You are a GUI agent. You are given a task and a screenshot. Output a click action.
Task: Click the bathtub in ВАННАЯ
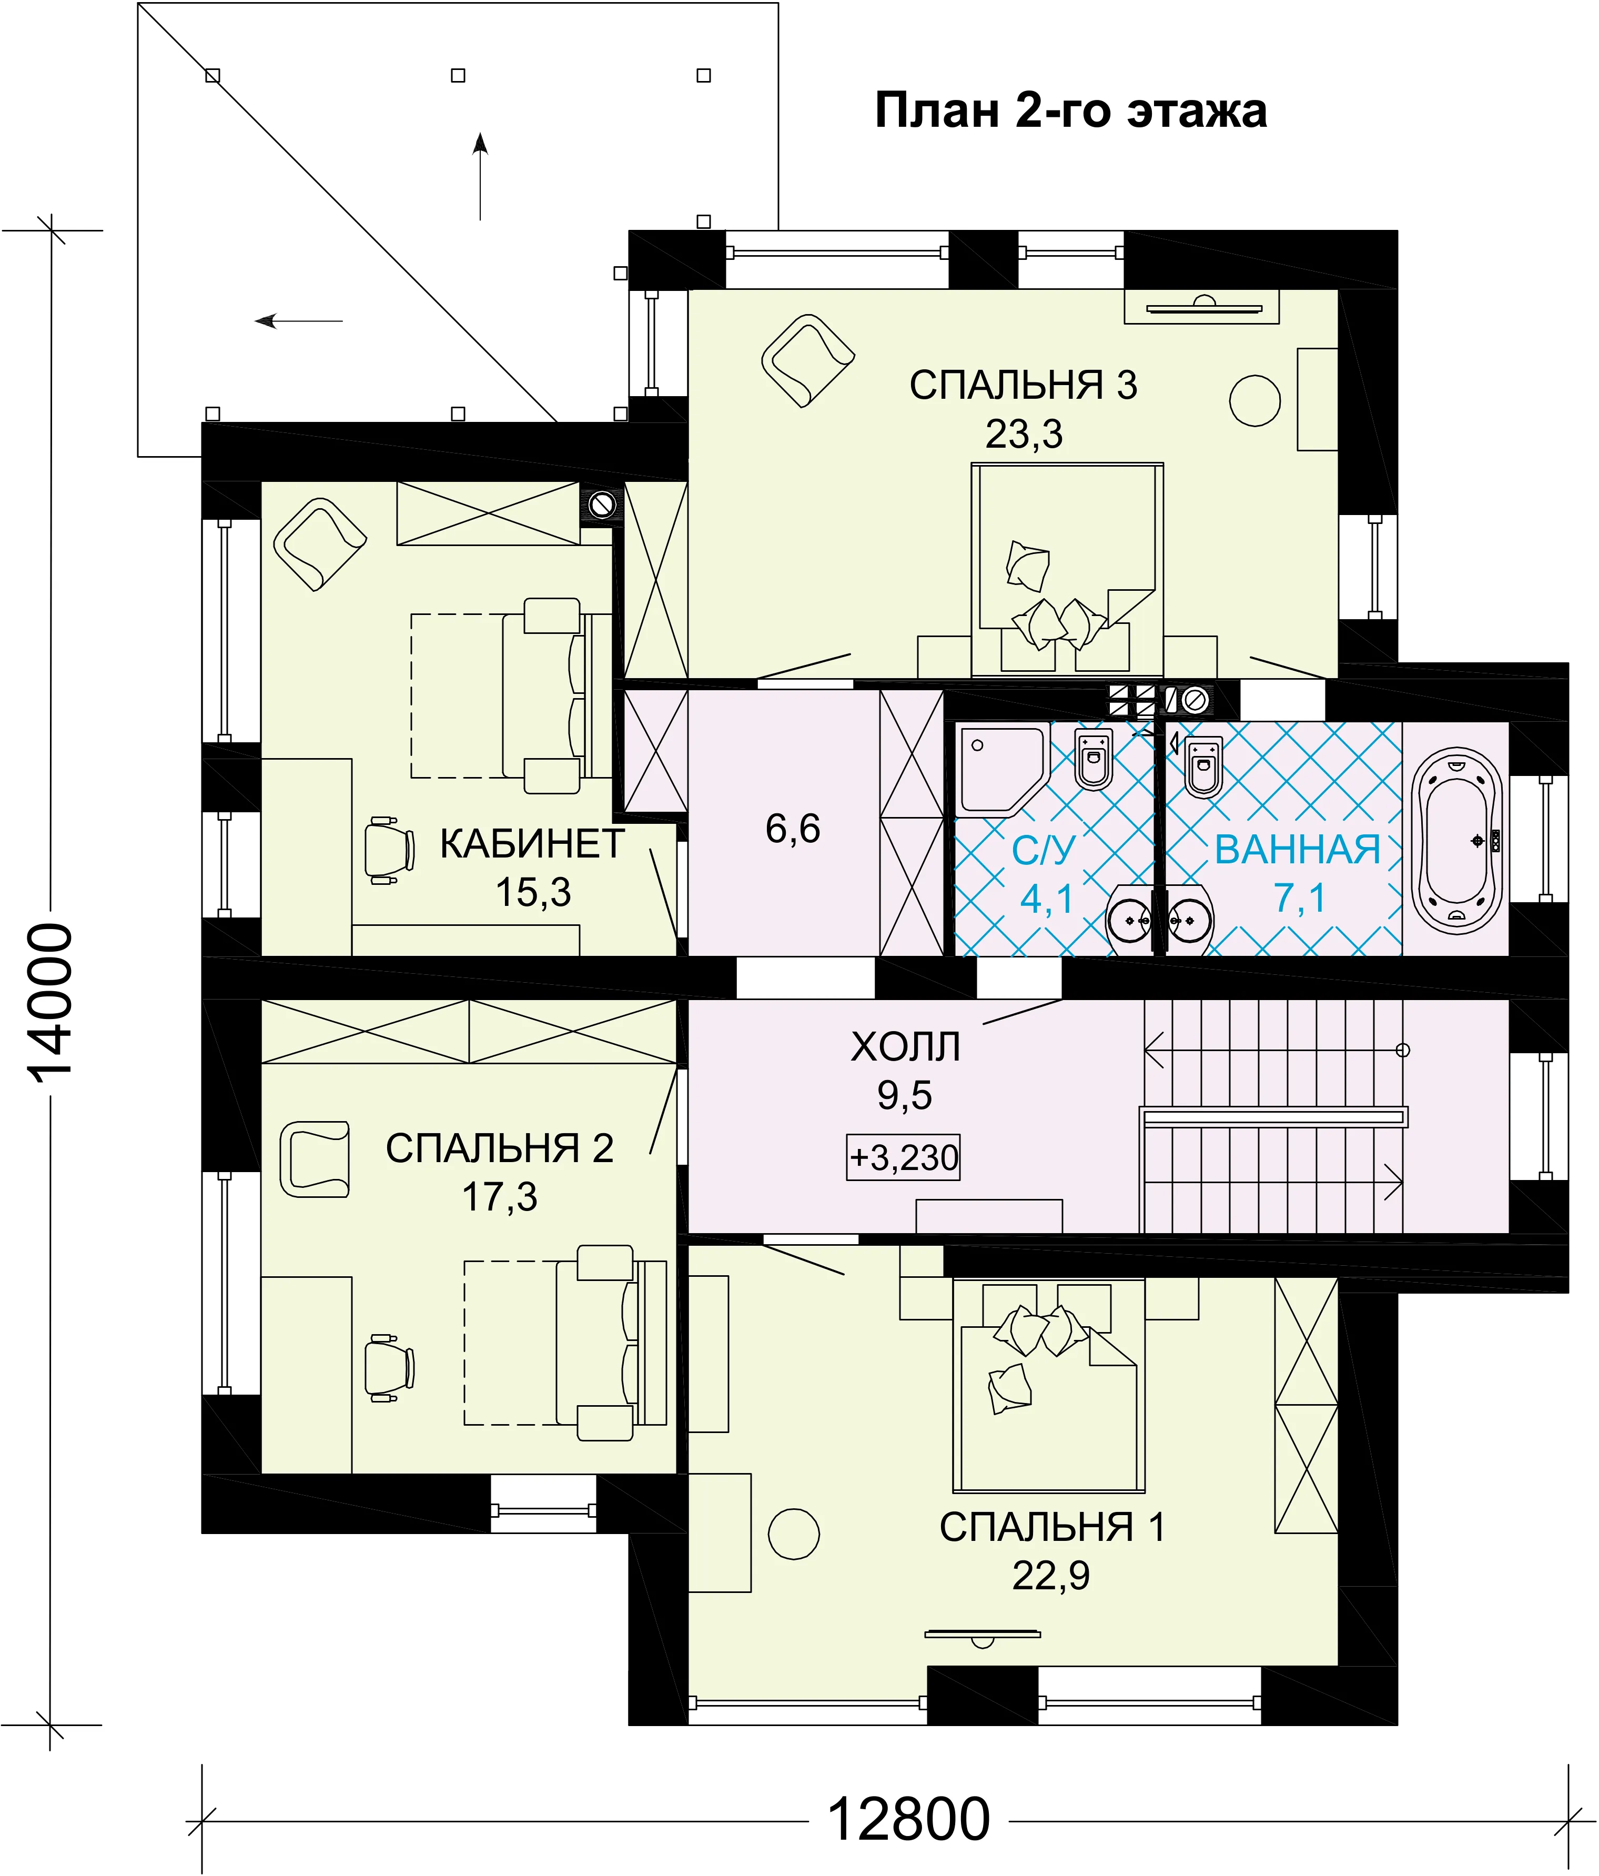coord(1457,841)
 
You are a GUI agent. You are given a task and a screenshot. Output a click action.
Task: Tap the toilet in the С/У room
coord(1094,759)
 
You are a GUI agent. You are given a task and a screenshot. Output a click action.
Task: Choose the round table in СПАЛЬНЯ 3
coord(1255,400)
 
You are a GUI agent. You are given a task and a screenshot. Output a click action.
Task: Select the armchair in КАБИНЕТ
coord(320,544)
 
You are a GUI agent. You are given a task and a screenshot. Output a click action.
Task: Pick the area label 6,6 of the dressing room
coord(793,829)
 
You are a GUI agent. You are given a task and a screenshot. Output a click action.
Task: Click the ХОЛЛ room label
coord(905,1047)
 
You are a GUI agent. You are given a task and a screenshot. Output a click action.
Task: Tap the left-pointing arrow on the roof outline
coord(299,320)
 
